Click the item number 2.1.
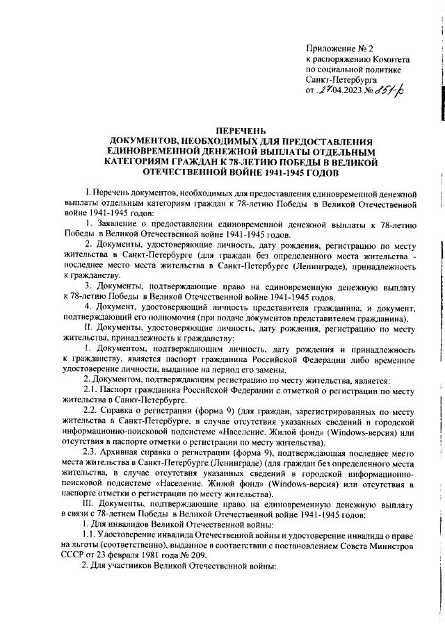90,391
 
